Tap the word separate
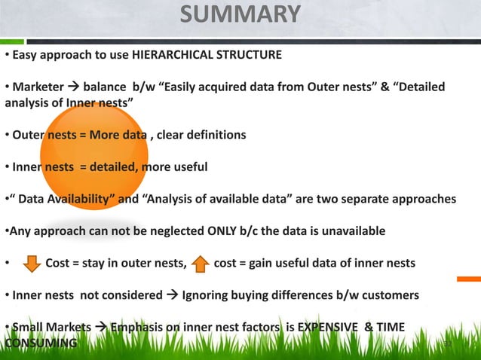point(366,198)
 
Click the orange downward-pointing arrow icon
point(31,264)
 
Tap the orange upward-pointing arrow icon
point(201,264)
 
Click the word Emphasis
point(139,328)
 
